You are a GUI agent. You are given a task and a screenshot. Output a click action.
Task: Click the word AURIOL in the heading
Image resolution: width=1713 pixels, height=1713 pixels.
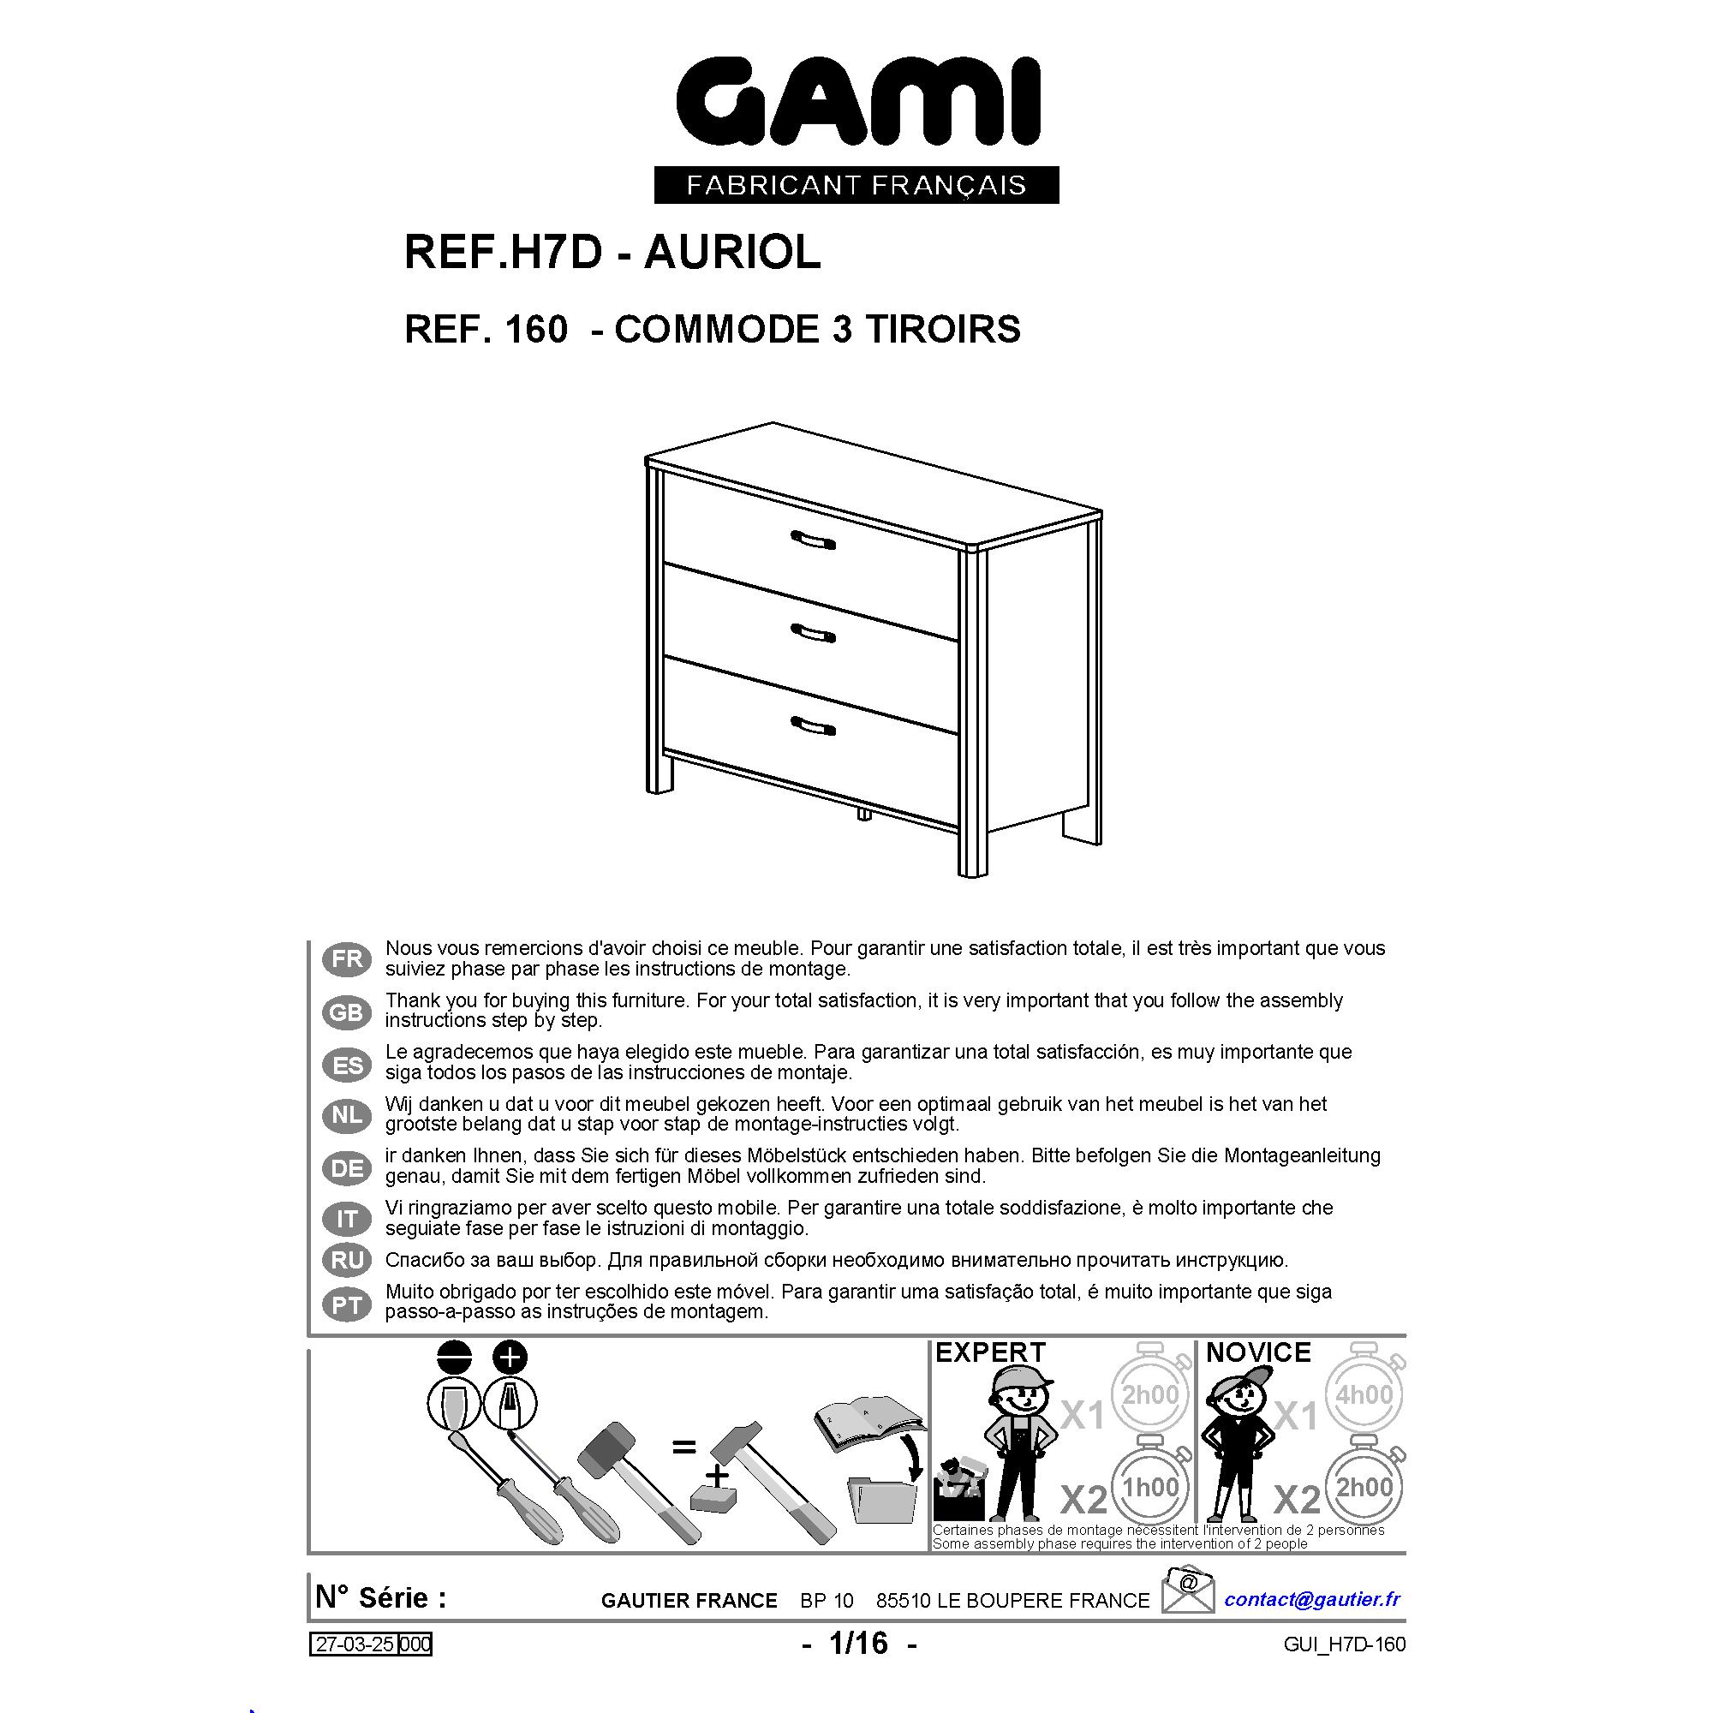tap(731, 253)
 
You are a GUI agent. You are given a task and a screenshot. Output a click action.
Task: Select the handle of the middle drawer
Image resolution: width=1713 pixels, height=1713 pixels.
tap(812, 633)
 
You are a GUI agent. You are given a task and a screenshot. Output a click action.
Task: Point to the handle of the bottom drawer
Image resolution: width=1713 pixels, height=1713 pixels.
tap(812, 726)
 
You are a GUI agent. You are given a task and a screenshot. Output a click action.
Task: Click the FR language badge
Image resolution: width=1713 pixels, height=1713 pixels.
tap(347, 958)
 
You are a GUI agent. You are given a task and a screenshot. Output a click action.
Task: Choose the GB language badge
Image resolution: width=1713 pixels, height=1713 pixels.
tap(347, 1012)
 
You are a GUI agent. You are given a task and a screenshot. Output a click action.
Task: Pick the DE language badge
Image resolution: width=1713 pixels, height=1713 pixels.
tap(347, 1167)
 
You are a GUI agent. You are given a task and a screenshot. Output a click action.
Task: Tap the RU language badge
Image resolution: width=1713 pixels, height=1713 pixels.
tap(347, 1259)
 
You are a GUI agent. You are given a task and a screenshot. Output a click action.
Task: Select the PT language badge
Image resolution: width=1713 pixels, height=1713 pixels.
tap(347, 1304)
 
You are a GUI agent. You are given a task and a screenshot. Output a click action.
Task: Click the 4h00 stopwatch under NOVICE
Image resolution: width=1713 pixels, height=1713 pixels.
tap(1364, 1393)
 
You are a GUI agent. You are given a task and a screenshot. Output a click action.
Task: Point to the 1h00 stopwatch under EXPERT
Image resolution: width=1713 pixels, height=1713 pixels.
tap(1151, 1485)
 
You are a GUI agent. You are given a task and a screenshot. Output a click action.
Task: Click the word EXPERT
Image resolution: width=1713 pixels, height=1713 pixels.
tap(990, 1352)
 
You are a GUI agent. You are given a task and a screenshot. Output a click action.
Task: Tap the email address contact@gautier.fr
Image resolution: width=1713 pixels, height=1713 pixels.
tap(1312, 1598)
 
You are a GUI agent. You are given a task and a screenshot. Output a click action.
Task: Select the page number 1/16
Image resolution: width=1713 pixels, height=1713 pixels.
tap(858, 1643)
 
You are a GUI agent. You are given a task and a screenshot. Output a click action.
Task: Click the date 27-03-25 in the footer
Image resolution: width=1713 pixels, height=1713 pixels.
tap(355, 1644)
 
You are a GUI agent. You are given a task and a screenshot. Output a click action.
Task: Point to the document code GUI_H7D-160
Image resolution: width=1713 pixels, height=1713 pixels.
tap(1344, 1644)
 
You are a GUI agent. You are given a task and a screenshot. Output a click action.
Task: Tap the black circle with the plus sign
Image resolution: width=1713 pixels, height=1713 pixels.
tap(509, 1358)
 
